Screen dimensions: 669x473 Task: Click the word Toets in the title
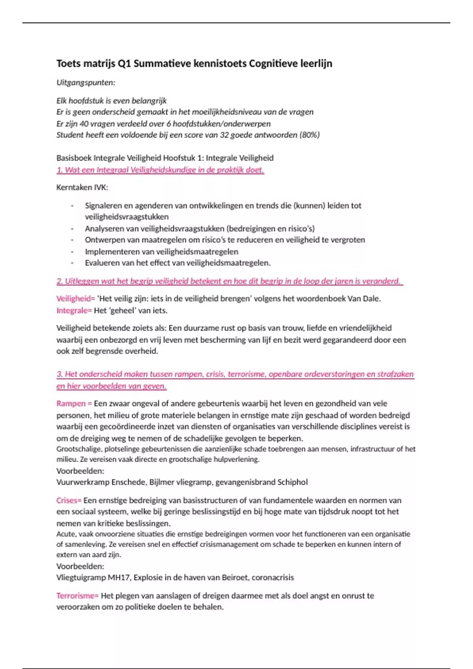click(68, 63)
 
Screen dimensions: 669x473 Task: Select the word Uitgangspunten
click(86, 83)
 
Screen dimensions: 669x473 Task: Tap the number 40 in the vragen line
click(84, 124)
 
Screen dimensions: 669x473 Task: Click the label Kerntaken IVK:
click(82, 187)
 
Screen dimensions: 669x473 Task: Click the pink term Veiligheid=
click(76, 299)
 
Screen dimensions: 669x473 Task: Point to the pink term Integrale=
click(74, 310)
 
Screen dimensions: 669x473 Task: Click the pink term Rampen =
click(74, 403)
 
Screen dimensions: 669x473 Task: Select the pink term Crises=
click(69, 501)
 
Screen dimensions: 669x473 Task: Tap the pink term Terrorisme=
click(77, 596)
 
